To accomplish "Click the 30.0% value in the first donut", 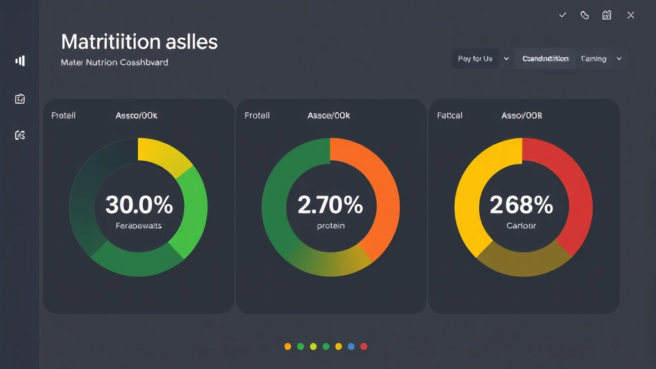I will (138, 205).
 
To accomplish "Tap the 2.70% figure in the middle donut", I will (330, 205).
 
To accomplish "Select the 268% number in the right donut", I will (521, 205).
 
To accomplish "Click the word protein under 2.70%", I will (330, 226).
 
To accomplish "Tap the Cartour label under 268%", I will (521, 226).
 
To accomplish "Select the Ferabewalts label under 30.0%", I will (138, 226).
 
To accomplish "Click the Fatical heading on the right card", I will (450, 116).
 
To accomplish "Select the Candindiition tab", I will (545, 59).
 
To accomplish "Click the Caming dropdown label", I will (594, 59).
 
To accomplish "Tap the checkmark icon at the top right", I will (562, 15).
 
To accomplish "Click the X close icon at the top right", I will (630, 15).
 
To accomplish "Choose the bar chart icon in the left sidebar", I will (20, 61).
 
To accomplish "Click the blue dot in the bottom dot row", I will (351, 347).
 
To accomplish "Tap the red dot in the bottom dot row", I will (364, 347).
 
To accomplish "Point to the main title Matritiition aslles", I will (139, 42).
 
